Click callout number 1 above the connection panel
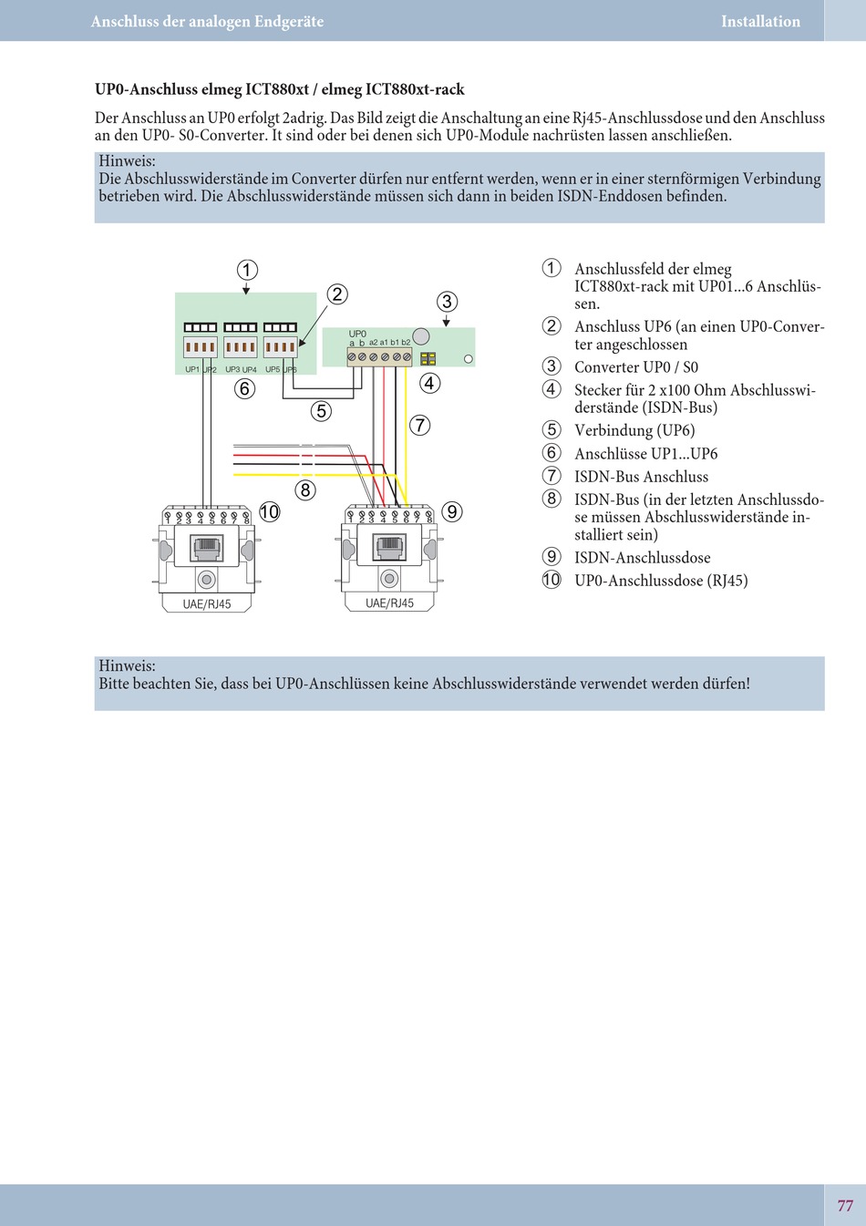tap(247, 270)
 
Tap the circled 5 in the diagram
tap(321, 411)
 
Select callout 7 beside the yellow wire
tap(419, 425)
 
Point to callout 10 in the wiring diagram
tap(270, 511)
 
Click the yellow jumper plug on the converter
tap(428, 359)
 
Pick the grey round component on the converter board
tap(420, 335)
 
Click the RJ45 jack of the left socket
tap(207, 547)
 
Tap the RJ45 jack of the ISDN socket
tap(389, 547)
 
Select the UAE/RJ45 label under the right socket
tap(389, 603)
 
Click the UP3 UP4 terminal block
tap(241, 346)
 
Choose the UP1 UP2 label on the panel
tap(201, 369)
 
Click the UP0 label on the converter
tap(357, 334)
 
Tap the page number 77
tap(845, 1205)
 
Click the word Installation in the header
tap(760, 21)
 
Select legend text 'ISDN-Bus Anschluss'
tap(641, 477)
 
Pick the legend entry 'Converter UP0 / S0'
tap(636, 367)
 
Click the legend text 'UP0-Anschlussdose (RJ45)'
tap(661, 581)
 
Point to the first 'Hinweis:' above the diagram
tap(127, 161)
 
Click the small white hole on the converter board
tap(469, 359)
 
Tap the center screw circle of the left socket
tap(207, 579)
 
